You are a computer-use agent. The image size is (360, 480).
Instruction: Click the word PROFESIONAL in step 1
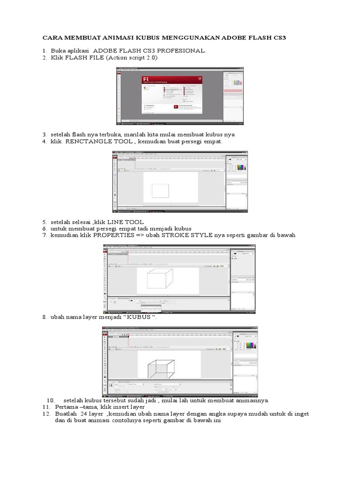(x=182, y=51)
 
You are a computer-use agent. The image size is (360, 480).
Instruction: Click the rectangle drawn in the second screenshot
(x=160, y=190)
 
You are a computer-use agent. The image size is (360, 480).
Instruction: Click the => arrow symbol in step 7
(x=139, y=235)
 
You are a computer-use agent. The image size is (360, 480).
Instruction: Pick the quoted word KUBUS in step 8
(x=142, y=317)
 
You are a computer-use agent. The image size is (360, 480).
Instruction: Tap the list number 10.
(x=51, y=400)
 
